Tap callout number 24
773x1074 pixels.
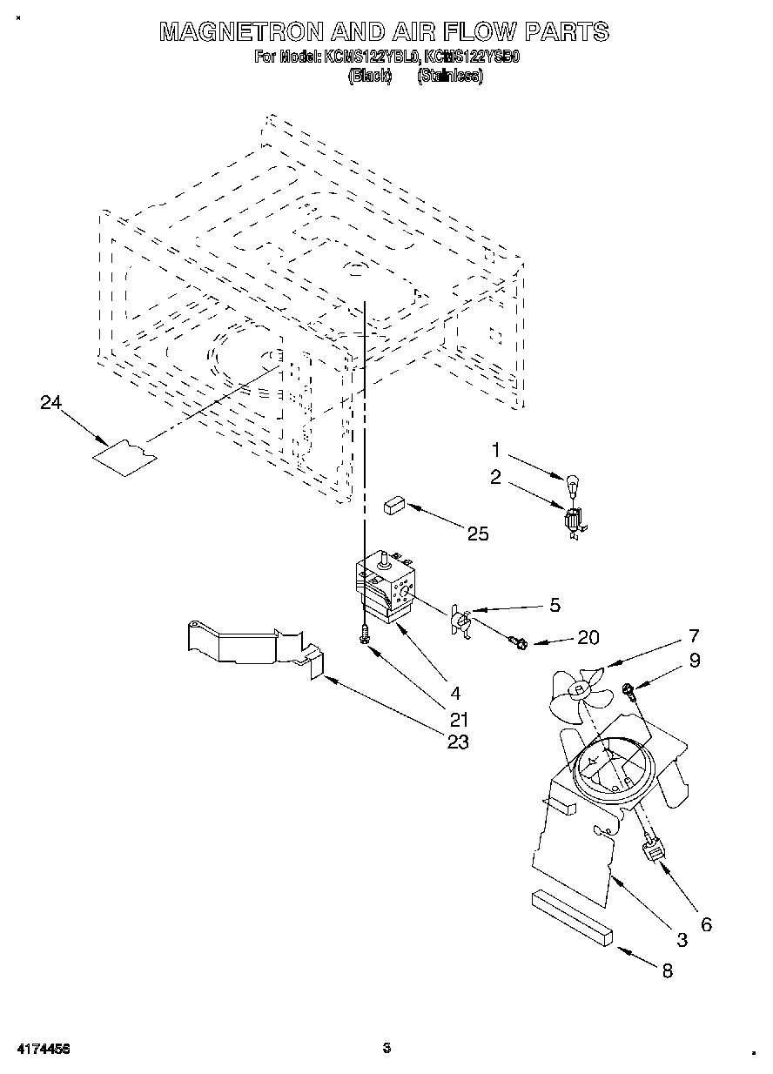[52, 402]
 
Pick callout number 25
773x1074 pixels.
[478, 534]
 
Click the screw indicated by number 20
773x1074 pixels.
[518, 643]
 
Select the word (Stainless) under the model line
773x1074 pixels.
[450, 76]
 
